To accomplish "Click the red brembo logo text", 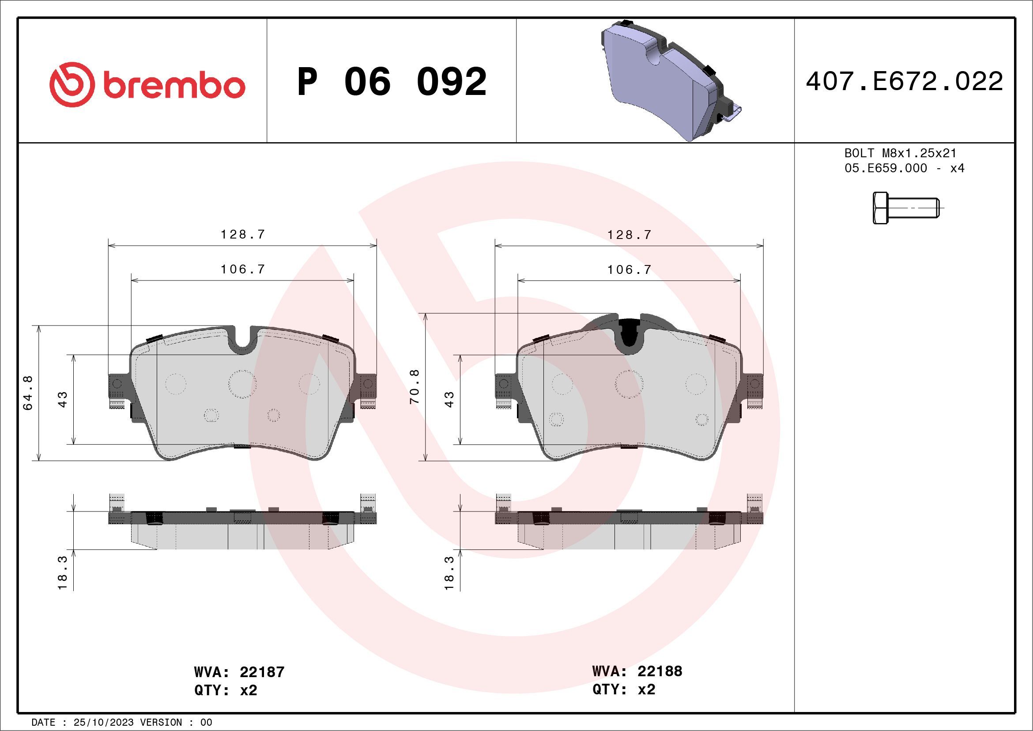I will (x=173, y=86).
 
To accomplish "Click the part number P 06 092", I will (x=392, y=82).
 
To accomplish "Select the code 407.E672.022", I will (x=904, y=81).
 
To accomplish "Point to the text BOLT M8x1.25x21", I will (x=900, y=153).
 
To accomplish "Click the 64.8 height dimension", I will (x=28, y=393).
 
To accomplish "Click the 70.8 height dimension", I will (x=415, y=386).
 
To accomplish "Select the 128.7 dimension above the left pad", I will (x=242, y=235).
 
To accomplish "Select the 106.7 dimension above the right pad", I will (x=629, y=269).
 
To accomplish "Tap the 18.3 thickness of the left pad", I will (x=63, y=572).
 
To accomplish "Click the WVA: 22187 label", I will (x=239, y=672).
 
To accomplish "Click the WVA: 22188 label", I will (x=637, y=671).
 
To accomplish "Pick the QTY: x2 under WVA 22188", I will (x=624, y=689).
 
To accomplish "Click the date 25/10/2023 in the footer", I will (x=103, y=723).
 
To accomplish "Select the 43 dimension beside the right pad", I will (x=449, y=399).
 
